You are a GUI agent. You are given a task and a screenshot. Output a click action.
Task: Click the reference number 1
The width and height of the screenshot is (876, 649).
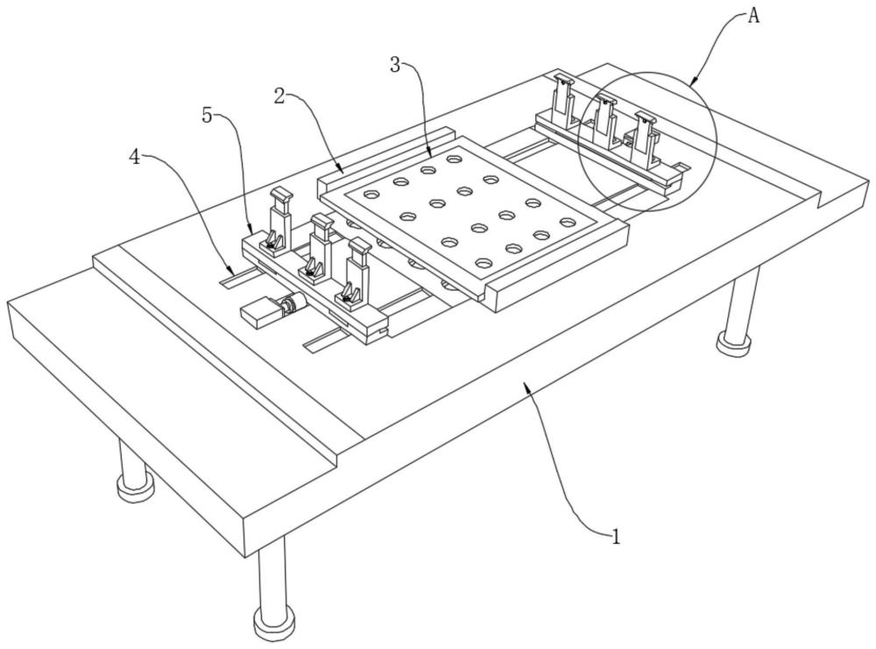(616, 537)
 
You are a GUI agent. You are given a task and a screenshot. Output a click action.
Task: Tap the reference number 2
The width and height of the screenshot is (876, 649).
(280, 96)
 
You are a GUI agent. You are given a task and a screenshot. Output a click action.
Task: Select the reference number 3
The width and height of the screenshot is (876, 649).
(396, 66)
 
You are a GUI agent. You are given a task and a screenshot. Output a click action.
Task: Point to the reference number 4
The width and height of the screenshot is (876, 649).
(134, 158)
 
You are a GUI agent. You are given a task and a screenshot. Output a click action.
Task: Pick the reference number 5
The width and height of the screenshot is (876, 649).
(208, 116)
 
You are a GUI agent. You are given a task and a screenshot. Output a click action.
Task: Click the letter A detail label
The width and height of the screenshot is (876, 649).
(753, 16)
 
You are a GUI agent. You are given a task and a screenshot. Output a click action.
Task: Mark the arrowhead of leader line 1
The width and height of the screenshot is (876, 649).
(525, 385)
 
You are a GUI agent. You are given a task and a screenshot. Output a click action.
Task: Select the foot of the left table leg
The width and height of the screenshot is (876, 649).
(135, 487)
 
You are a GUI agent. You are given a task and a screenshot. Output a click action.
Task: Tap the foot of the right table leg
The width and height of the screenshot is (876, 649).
(732, 342)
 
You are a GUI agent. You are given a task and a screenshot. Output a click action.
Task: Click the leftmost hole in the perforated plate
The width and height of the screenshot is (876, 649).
(371, 194)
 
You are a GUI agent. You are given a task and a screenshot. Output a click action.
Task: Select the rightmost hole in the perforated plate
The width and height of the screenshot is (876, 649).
(567, 222)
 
